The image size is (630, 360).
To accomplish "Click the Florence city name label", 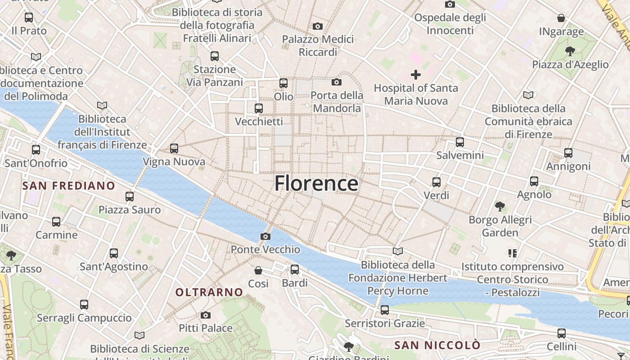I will tap(316, 184).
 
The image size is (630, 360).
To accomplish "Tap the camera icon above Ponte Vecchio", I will tap(265, 236).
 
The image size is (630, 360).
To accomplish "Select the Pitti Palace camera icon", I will tap(206, 315).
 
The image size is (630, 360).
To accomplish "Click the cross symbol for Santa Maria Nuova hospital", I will tap(416, 75).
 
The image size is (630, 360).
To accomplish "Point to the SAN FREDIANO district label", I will tap(69, 186).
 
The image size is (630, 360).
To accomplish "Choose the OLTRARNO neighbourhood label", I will tap(209, 292).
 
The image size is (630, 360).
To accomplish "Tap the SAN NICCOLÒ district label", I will tap(437, 346).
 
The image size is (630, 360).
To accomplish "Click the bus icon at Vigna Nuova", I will tap(174, 148).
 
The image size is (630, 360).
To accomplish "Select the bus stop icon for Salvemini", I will tap(460, 142).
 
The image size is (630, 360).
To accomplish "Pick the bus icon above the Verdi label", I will tap(436, 182).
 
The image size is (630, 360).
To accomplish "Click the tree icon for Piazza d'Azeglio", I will tap(570, 51).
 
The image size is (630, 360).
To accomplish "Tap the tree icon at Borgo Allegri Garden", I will tap(500, 207).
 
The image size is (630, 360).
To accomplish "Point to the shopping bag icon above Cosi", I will tap(258, 270).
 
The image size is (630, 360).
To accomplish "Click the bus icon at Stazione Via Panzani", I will tap(215, 56).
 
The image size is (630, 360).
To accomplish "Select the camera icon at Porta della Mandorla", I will tap(337, 82).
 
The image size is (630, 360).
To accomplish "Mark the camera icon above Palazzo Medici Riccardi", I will tap(318, 26).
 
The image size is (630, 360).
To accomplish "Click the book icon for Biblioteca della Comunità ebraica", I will tap(528, 95).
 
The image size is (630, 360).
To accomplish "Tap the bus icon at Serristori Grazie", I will tap(385, 310).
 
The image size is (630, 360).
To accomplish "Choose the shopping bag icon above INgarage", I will tap(561, 18).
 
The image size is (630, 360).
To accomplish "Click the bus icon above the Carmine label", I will tap(56, 222).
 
